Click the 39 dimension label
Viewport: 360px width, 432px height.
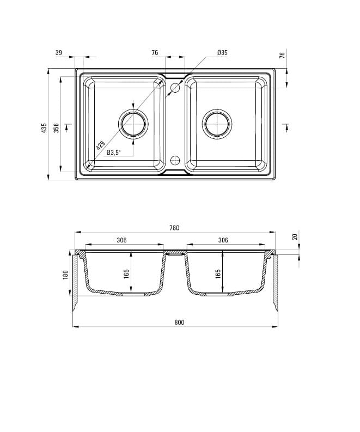[58, 52]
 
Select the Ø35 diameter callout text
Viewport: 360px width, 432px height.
[222, 52]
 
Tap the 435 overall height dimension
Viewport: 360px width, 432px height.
[44, 128]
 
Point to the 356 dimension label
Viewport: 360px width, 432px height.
[56, 128]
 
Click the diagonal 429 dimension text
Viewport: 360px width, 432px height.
[100, 146]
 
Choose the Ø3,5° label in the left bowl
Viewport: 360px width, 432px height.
[113, 153]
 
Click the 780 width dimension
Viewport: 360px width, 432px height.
[174, 228]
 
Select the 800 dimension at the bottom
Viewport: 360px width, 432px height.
[180, 322]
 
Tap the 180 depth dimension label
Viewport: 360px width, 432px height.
[65, 275]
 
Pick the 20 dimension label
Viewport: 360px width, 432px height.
[295, 237]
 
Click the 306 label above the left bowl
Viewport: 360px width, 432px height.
[121, 240]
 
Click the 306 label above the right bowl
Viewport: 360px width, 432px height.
[223, 240]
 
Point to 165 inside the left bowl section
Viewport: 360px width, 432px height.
[126, 273]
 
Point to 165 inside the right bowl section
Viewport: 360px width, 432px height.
[218, 273]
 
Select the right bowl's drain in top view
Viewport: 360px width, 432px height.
[217, 123]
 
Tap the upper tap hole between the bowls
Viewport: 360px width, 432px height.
[175, 87]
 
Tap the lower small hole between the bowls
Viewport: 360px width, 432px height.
[175, 160]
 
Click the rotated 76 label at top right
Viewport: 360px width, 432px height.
[282, 56]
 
